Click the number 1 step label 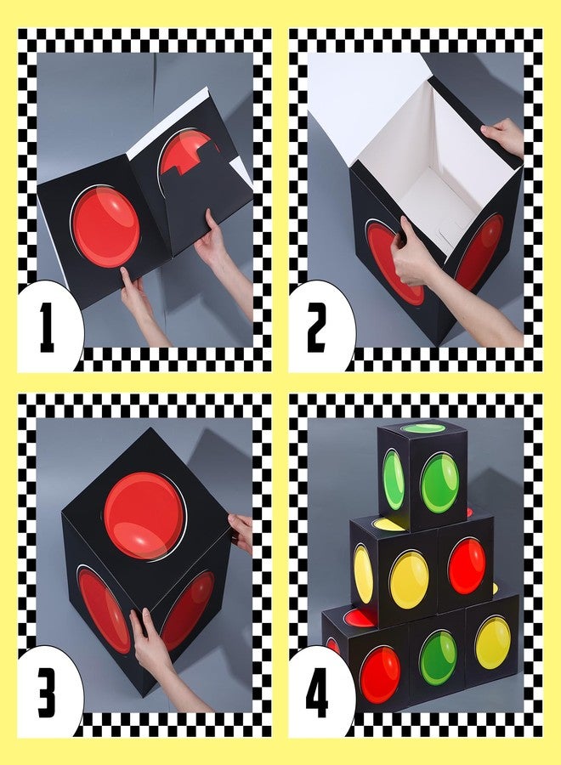click(48, 327)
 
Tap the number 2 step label click(316, 327)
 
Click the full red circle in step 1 click(106, 226)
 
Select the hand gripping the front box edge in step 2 click(415, 256)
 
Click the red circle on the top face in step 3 click(144, 516)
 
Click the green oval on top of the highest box click(423, 428)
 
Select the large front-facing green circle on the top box click(439, 482)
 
